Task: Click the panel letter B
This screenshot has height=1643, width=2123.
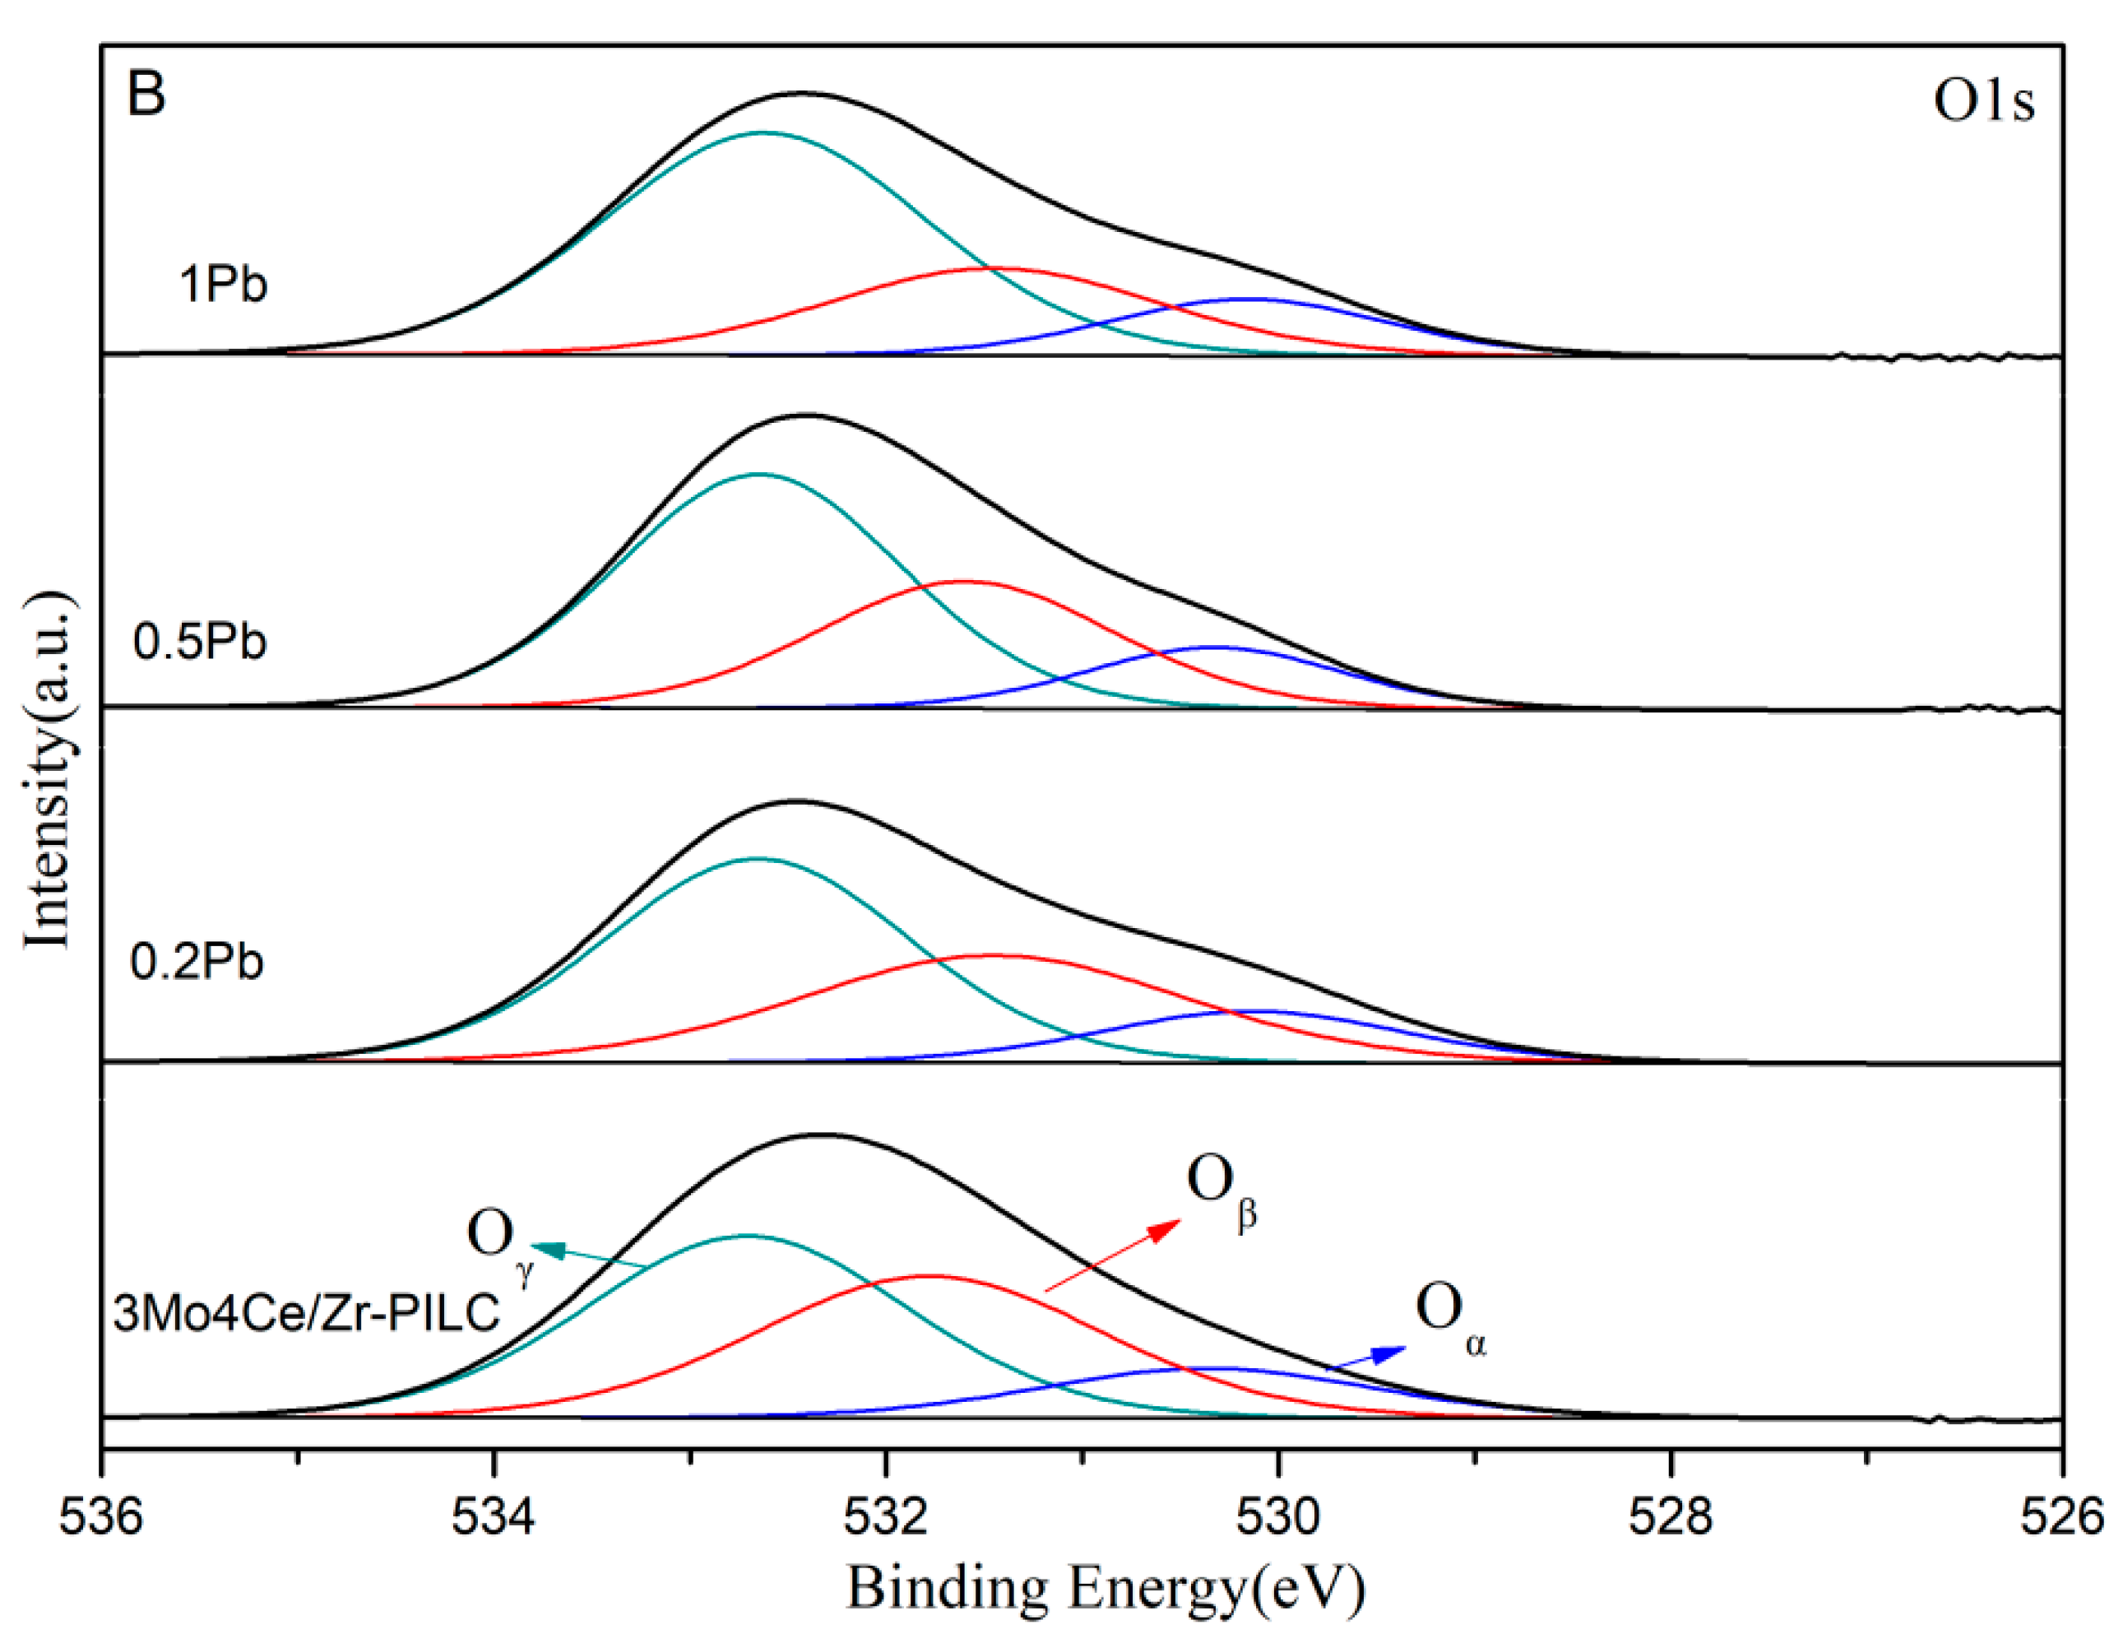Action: pos(146,95)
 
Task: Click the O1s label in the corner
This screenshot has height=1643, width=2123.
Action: pos(1982,101)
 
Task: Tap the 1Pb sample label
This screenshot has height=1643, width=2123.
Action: pos(223,285)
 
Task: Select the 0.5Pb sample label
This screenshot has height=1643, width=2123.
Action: pos(199,642)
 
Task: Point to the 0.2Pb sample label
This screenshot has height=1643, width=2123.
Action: pos(197,962)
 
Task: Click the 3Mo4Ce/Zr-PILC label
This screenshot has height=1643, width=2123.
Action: pos(306,1312)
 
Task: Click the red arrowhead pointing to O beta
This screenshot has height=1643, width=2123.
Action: pos(1165,1229)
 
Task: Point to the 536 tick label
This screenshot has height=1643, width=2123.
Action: pos(101,1518)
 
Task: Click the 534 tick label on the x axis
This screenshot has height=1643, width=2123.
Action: pos(494,1518)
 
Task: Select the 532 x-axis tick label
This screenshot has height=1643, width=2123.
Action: pos(886,1518)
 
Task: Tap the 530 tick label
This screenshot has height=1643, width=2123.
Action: pos(1278,1518)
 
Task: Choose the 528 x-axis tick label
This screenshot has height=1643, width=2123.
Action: pos(1671,1518)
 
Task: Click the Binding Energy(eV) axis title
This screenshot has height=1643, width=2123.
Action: pos(1106,1589)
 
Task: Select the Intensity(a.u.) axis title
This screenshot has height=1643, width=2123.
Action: pos(49,768)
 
